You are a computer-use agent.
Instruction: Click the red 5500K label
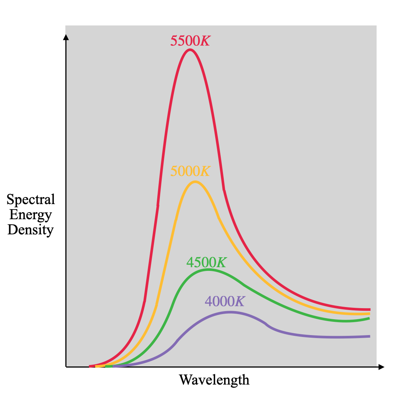tap(190, 41)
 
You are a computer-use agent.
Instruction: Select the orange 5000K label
tap(190, 171)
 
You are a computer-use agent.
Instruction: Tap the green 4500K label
tap(206, 262)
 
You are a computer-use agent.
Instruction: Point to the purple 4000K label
tap(224, 302)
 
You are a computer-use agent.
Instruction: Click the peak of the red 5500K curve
tap(190, 49)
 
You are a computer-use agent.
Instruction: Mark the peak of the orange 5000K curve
tap(195, 182)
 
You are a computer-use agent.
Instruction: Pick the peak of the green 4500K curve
tap(208, 270)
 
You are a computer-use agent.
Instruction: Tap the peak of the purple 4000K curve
tap(230, 312)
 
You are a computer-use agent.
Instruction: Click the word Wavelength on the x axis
tap(214, 380)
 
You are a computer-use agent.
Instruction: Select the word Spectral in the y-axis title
tap(31, 200)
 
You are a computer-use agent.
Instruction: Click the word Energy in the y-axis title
tap(31, 215)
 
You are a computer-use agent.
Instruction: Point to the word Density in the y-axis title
tap(31, 230)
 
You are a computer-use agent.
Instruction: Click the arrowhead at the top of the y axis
tap(66, 37)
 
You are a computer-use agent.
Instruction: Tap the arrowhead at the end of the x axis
tap(381, 367)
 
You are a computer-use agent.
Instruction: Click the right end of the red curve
tap(369, 310)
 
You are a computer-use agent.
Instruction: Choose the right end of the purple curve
tap(369, 336)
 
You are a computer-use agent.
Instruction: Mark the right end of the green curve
tap(369, 318)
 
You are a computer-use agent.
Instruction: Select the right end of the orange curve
tap(369, 314)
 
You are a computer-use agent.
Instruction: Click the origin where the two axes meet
tap(66, 367)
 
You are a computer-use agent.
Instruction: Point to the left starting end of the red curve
tap(90, 366)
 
